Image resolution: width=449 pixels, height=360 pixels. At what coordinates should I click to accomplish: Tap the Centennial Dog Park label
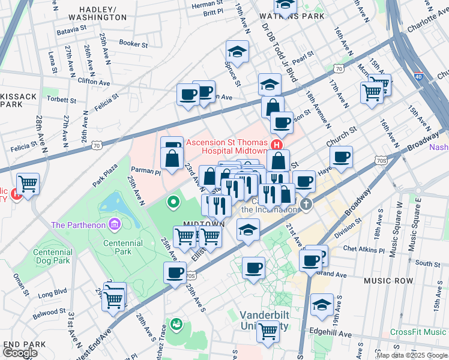click(x=36, y=257)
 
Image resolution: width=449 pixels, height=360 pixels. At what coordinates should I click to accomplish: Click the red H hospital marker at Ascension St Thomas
click(x=277, y=145)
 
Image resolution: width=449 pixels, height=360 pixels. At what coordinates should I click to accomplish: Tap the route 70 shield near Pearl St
click(x=340, y=70)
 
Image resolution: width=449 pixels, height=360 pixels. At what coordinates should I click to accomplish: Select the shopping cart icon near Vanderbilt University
click(x=267, y=329)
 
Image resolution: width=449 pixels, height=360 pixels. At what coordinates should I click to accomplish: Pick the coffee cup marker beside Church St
click(x=341, y=157)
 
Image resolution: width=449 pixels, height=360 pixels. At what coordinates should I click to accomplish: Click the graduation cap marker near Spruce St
click(x=237, y=52)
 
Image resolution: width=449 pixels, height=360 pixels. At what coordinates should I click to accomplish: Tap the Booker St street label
click(x=133, y=43)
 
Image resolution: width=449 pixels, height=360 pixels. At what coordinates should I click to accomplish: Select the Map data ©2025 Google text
click(x=412, y=355)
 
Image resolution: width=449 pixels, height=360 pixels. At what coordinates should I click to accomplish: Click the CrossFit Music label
click(x=418, y=332)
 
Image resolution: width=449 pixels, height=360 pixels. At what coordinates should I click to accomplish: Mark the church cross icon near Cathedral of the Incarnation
click(x=306, y=204)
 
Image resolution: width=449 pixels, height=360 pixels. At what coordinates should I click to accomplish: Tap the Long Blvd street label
click(x=53, y=295)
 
